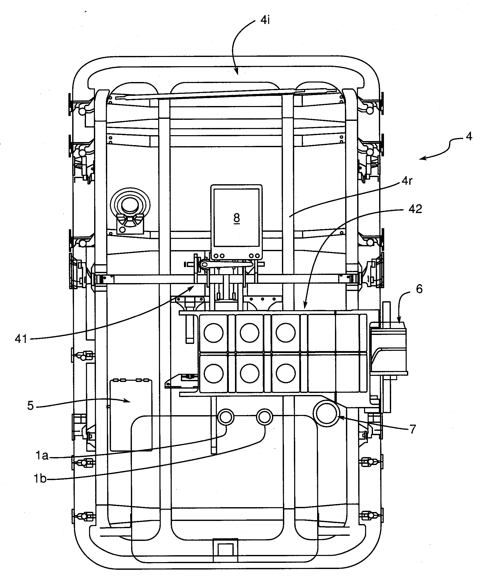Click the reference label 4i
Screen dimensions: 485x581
point(265,20)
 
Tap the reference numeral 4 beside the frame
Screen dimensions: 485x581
point(469,136)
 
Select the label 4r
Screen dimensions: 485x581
point(407,181)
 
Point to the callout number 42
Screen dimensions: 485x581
point(415,209)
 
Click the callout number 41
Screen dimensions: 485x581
point(21,339)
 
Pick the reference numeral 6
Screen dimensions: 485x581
point(419,289)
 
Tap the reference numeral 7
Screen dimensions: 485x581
point(413,429)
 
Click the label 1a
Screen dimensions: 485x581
point(42,455)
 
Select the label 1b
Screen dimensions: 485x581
point(40,479)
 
